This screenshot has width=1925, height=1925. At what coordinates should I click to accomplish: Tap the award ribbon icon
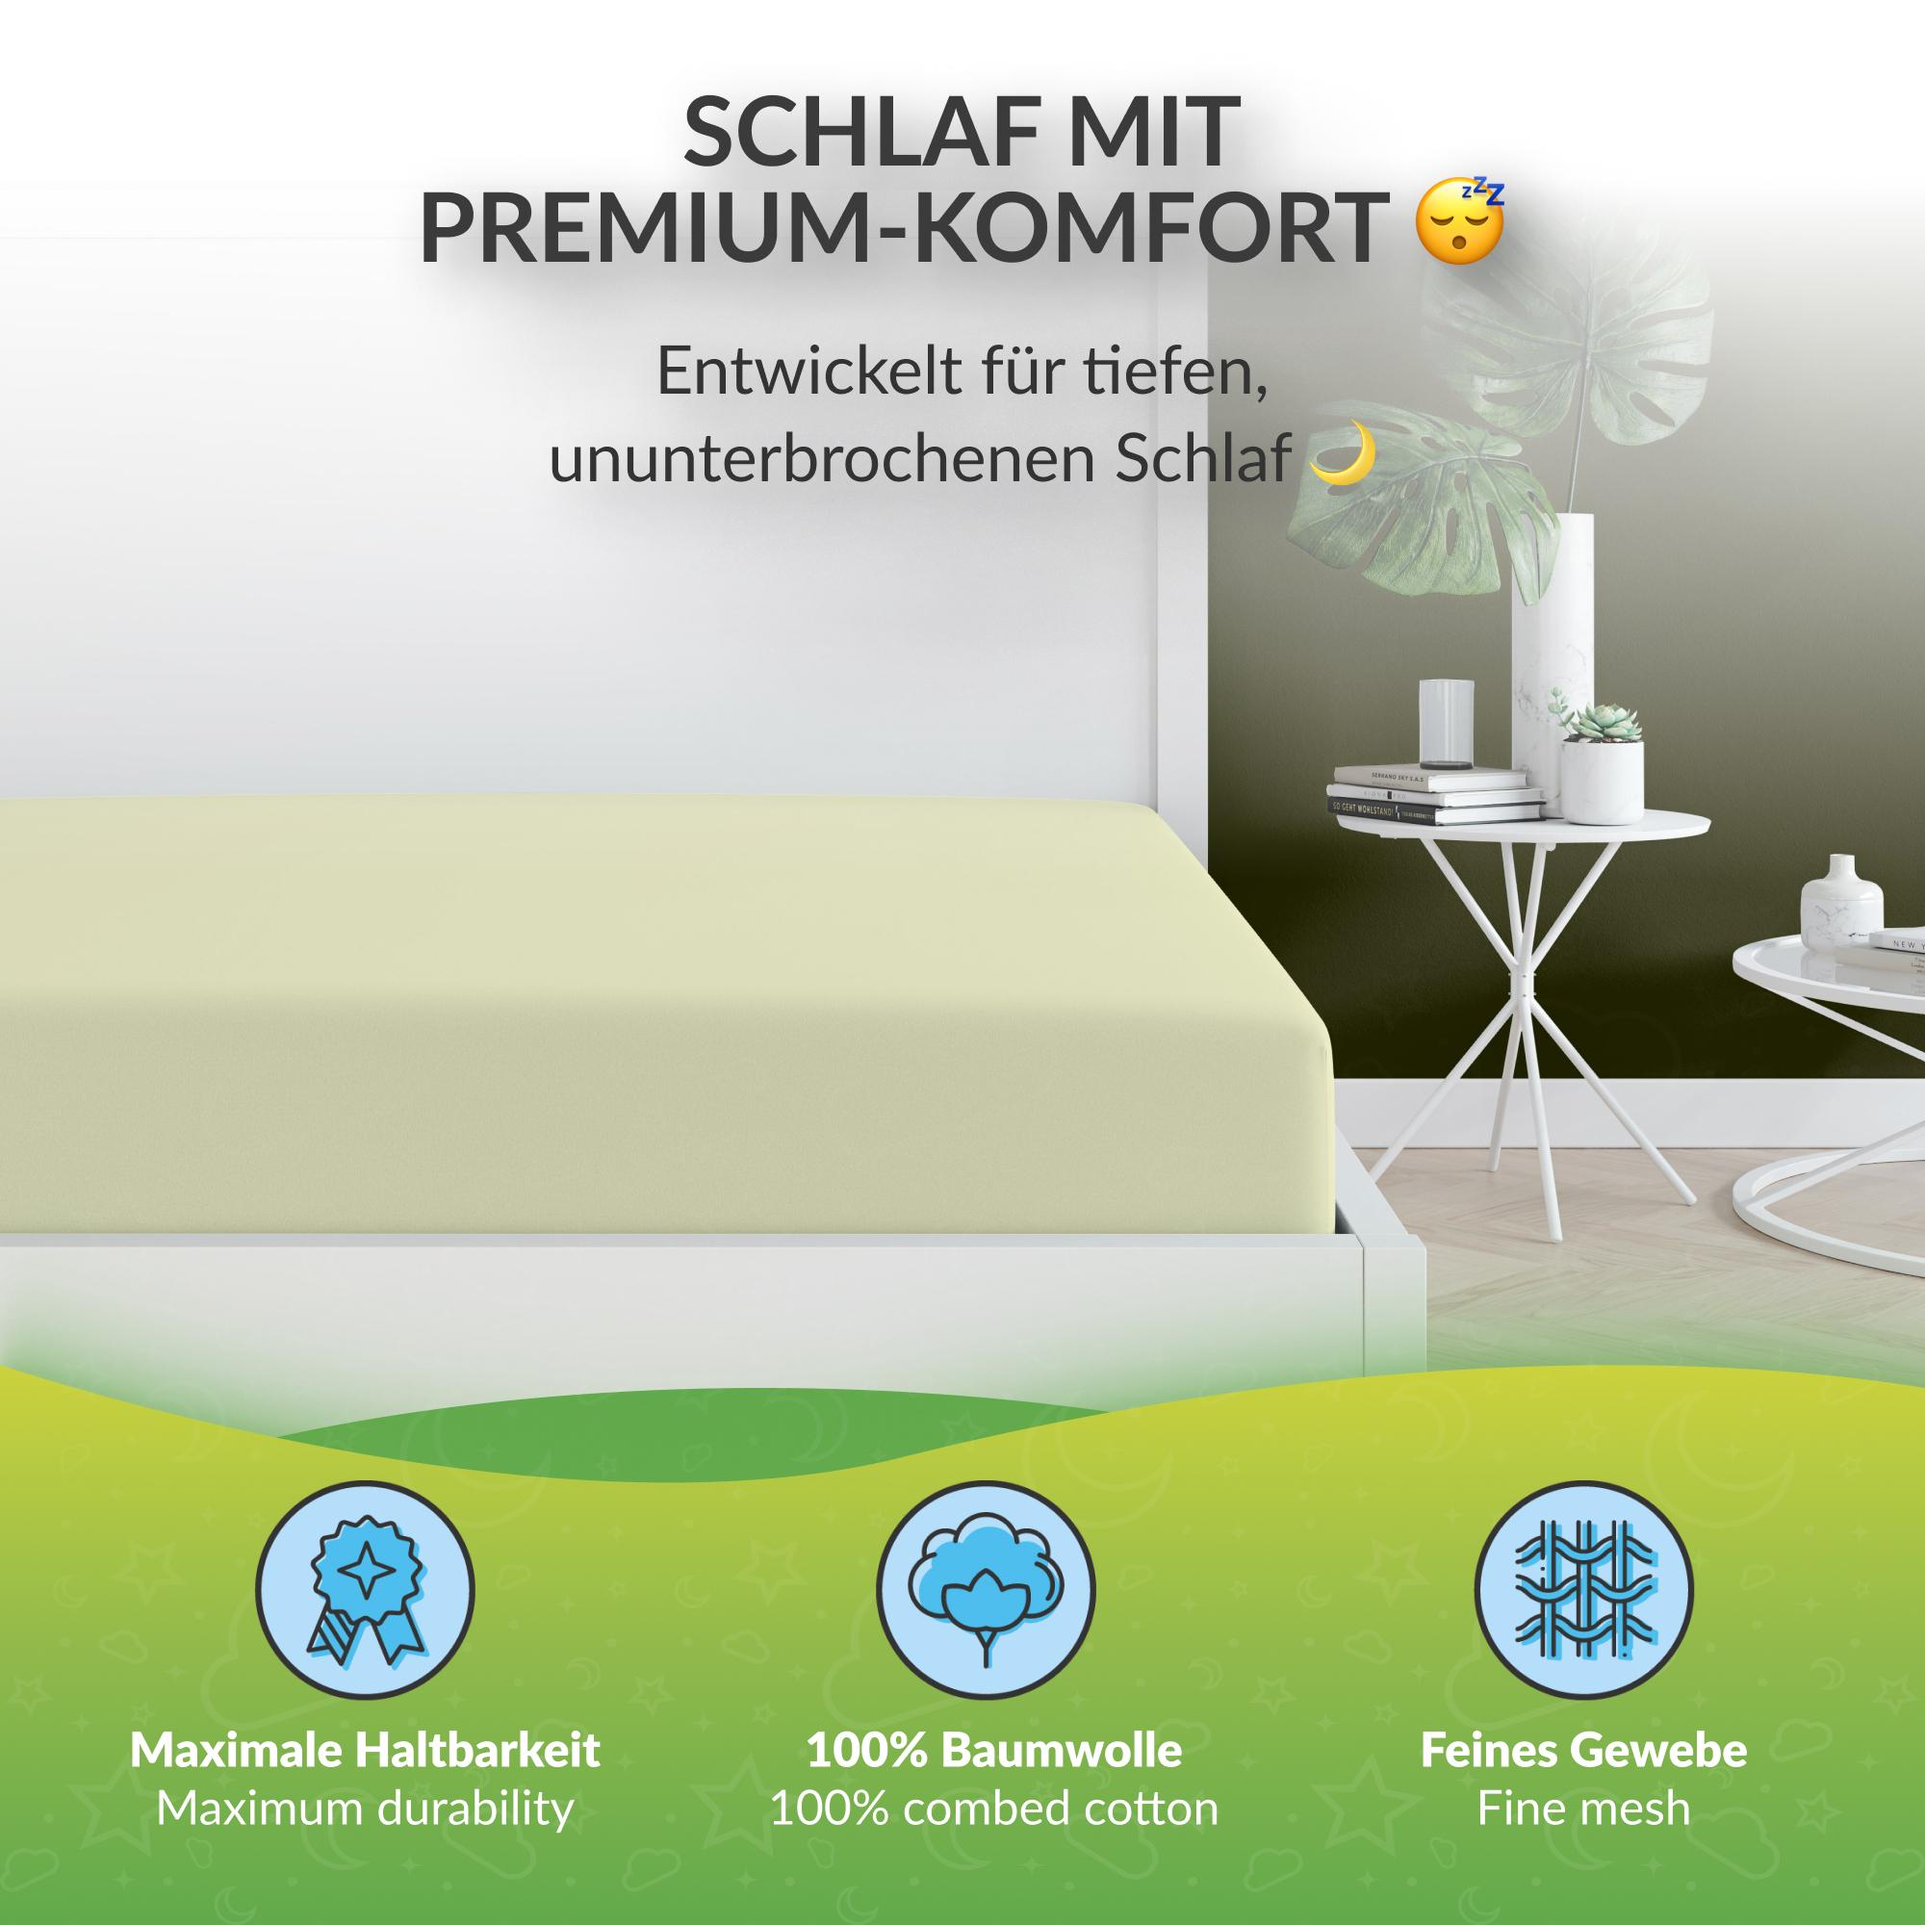(364, 1591)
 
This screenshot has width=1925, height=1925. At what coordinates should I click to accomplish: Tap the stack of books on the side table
(1435, 792)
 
